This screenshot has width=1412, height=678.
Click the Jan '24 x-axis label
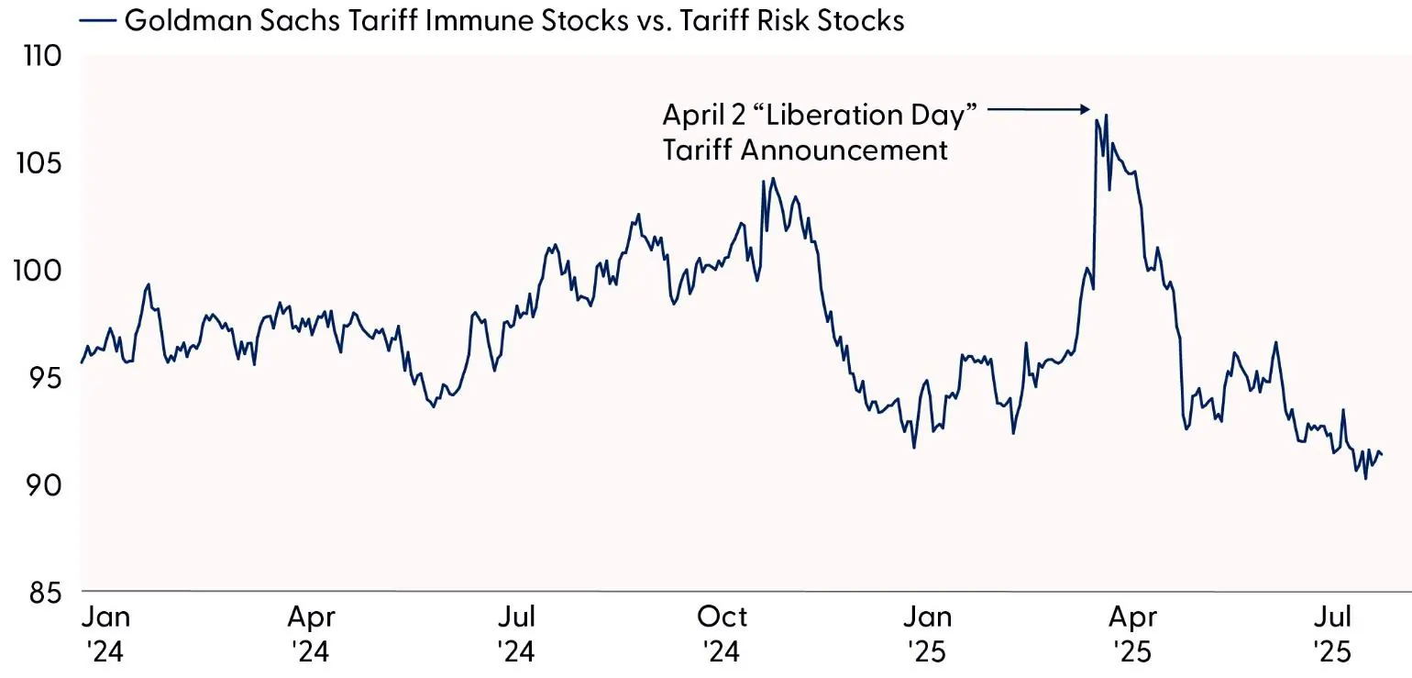[105, 633]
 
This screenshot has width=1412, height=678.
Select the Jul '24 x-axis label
[518, 633]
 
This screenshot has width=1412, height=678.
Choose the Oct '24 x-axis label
[723, 633]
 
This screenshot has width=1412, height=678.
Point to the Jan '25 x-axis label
[930, 633]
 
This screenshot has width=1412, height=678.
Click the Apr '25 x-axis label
[1136, 633]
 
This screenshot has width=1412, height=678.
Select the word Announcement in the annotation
[844, 149]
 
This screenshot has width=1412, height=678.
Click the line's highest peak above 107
[1107, 116]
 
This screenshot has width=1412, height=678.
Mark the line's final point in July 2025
[1382, 454]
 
